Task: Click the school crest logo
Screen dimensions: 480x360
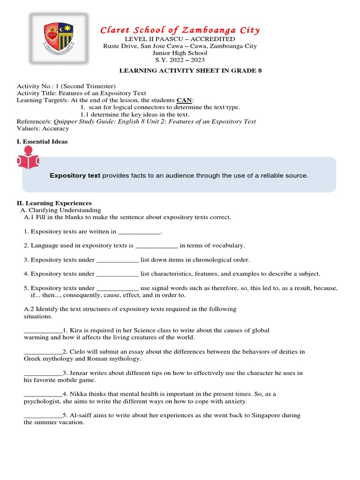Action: (x=58, y=38)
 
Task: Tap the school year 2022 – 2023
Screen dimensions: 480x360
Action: (x=180, y=60)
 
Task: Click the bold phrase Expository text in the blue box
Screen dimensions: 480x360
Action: (x=75, y=176)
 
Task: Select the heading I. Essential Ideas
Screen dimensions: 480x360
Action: (x=42, y=142)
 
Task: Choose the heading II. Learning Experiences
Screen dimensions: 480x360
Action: (x=54, y=203)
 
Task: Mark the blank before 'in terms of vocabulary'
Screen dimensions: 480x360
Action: (x=157, y=246)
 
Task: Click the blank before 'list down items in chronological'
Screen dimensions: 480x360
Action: (x=118, y=260)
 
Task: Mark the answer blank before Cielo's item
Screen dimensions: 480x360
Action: (x=43, y=352)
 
